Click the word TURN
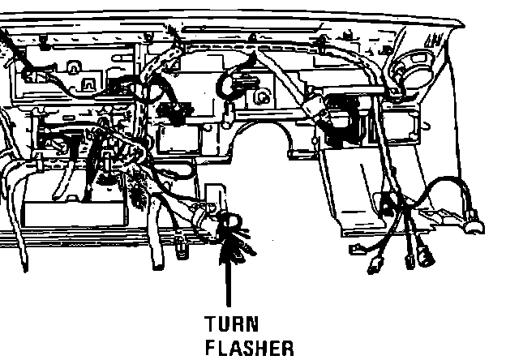pos(231,325)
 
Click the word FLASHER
pos(248,349)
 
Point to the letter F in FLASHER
pos(211,349)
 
